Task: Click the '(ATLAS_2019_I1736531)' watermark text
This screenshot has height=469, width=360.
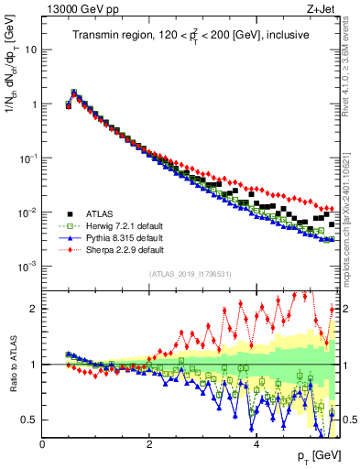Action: coord(191,274)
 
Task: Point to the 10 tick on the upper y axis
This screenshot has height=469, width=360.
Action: coord(31,49)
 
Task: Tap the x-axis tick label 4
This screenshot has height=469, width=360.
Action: coord(256,444)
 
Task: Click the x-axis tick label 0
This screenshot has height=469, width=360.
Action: coord(42,444)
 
